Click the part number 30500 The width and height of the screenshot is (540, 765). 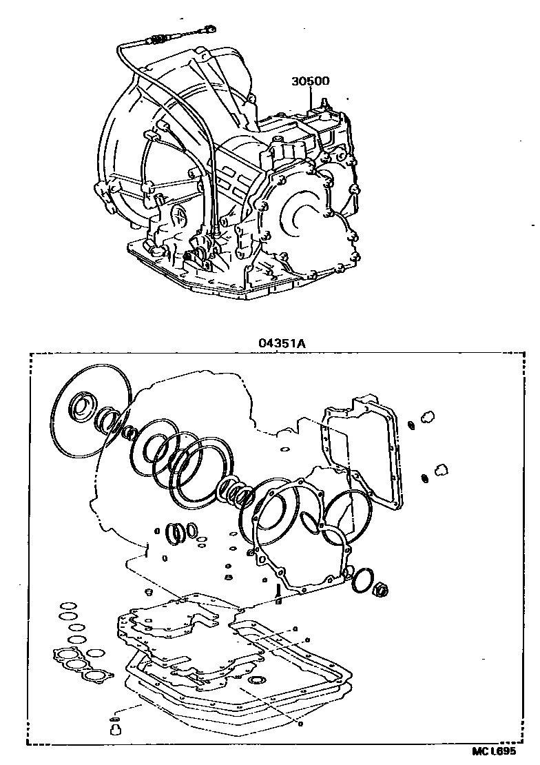point(310,81)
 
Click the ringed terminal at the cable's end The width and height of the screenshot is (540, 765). point(209,29)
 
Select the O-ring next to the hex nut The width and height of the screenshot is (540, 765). point(363,582)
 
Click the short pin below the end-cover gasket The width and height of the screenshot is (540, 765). point(278,593)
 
